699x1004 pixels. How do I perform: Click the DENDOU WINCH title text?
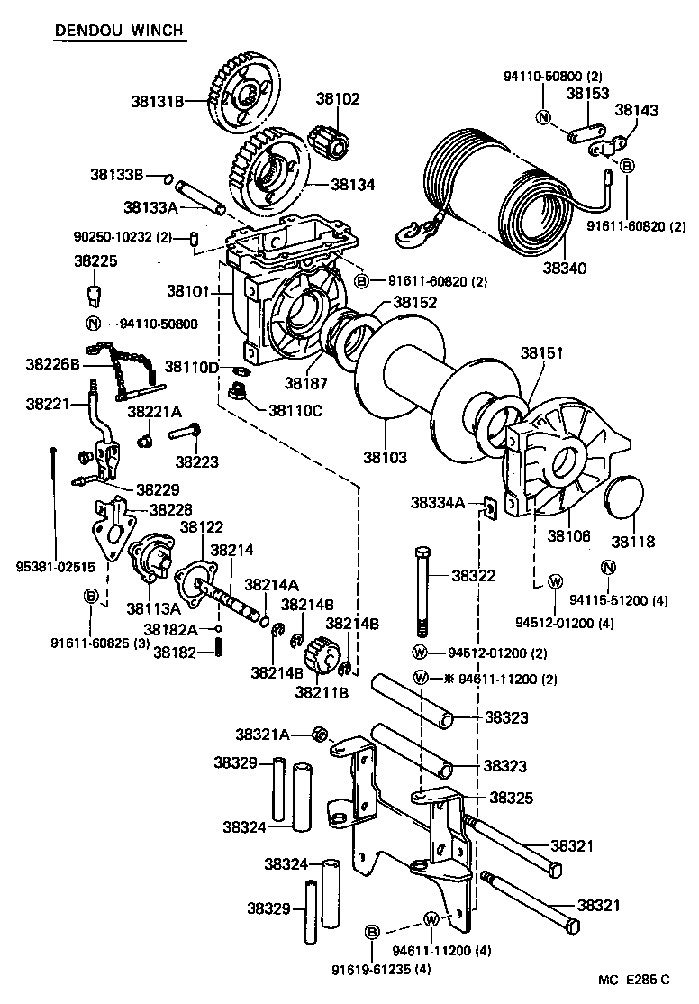point(119,31)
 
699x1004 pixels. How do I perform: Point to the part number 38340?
point(564,269)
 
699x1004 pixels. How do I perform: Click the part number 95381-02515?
point(56,567)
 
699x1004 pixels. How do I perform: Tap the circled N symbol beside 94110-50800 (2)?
point(542,117)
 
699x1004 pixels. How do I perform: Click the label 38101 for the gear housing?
point(186,291)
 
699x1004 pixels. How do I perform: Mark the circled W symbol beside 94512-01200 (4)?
point(556,580)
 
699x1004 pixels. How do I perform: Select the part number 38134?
point(353,184)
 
